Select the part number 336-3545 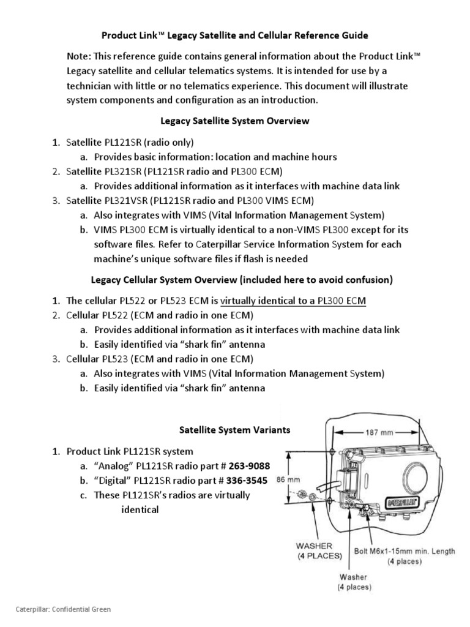point(247,480)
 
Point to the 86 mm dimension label point(288,479)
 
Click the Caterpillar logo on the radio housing point(403,502)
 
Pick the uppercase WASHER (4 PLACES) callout point(319,551)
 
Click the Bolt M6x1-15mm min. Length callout point(405,556)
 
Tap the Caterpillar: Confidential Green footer point(63,609)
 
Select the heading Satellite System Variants point(234,430)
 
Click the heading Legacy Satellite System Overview point(234,121)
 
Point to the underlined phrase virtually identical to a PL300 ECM point(293,301)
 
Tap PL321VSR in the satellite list point(125,200)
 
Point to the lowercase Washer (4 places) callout point(354,582)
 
